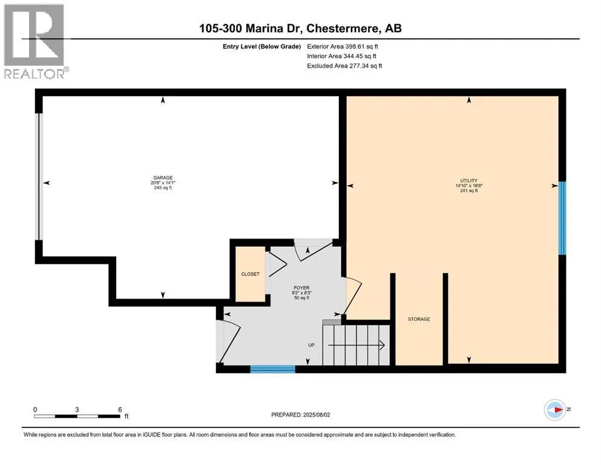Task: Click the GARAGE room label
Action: (163, 178)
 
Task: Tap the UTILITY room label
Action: (469, 180)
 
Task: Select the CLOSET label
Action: (251, 274)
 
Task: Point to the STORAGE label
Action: (419, 319)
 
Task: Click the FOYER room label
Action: (301, 288)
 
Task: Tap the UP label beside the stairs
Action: (311, 345)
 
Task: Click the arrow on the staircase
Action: (356, 345)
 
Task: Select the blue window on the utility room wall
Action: (562, 218)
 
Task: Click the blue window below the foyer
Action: (273, 369)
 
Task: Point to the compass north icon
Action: (555, 410)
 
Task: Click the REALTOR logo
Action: (36, 41)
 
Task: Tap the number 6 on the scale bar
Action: (120, 409)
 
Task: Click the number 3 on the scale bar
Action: (77, 409)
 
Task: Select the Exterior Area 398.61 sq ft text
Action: (343, 47)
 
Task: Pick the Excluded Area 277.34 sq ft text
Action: (344, 66)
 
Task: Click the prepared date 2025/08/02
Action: (317, 415)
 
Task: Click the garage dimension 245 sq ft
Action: (163, 188)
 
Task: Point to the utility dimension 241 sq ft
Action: (469, 191)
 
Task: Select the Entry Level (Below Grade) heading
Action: (262, 47)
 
